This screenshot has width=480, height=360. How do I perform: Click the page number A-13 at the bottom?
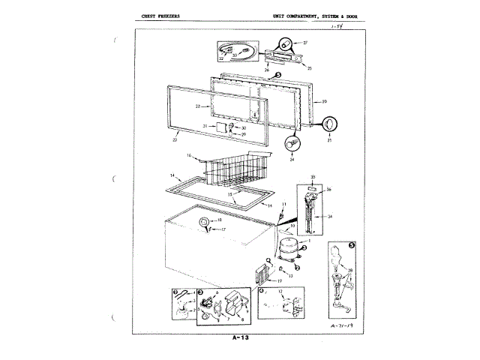coord(240,338)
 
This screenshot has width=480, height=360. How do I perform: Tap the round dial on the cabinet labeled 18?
coord(203,221)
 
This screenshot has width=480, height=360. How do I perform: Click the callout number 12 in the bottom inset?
coord(280,289)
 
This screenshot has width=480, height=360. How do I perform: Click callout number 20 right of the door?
coord(324,101)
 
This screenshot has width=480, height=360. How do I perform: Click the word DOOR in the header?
coord(358,15)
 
